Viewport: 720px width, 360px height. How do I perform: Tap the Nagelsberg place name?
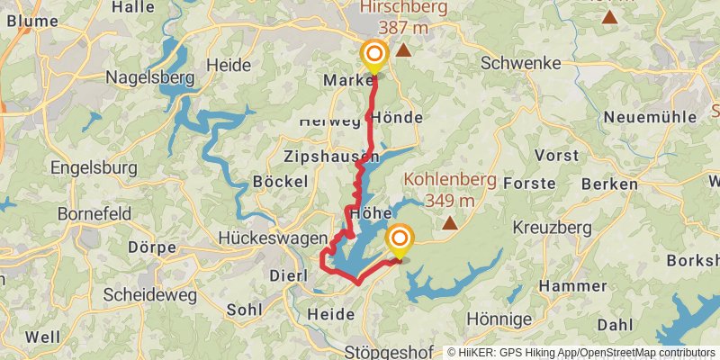pyautogui.click(x=150, y=77)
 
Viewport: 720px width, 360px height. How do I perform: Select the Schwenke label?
pyautogui.click(x=521, y=63)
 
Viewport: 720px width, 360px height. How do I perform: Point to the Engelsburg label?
pyautogui.click(x=94, y=167)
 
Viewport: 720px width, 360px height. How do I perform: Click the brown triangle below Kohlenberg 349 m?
pyautogui.click(x=448, y=220)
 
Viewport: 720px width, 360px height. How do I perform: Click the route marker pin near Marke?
pyautogui.click(x=373, y=57)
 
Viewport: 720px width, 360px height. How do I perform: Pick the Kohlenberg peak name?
pyautogui.click(x=450, y=179)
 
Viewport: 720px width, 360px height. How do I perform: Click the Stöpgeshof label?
pyautogui.click(x=388, y=351)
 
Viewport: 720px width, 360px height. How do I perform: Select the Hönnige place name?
pyautogui.click(x=499, y=319)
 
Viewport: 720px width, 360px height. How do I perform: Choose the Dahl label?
pyautogui.click(x=615, y=324)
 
